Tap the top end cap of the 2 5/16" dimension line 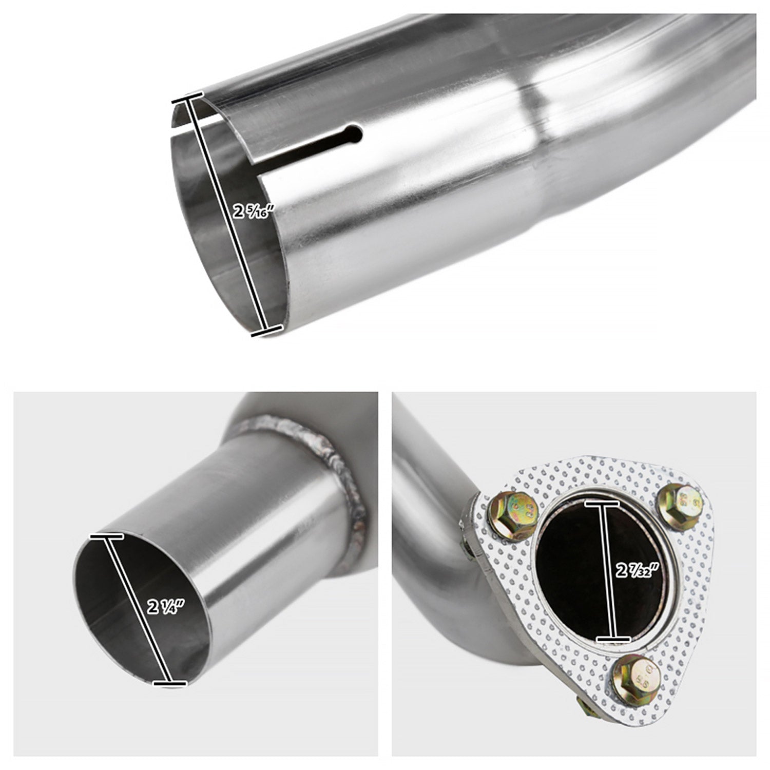[x=188, y=97]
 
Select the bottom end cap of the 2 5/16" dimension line [x=267, y=331]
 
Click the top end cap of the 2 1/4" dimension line [x=106, y=536]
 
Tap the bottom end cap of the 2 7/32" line [x=613, y=639]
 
